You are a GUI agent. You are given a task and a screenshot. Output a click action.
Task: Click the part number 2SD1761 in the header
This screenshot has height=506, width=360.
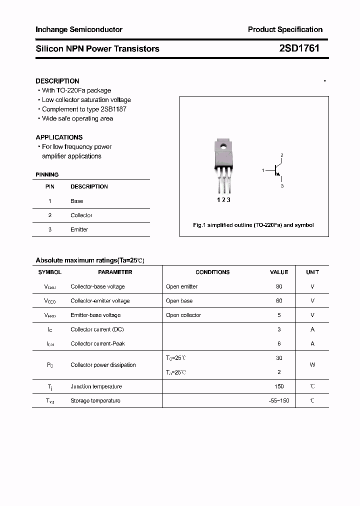pyautogui.click(x=299, y=48)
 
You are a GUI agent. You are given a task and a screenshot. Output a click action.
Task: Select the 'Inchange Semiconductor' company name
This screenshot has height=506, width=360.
pyautogui.click(x=79, y=29)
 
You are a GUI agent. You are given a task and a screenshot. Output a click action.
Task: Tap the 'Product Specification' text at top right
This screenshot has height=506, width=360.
pyautogui.click(x=285, y=29)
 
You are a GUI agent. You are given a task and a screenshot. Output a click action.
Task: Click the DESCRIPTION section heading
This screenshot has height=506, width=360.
pyautogui.click(x=57, y=81)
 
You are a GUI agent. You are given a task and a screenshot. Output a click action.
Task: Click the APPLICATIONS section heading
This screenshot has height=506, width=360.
pyautogui.click(x=59, y=137)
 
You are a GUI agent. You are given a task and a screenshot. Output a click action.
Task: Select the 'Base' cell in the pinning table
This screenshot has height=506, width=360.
pyautogui.click(x=77, y=201)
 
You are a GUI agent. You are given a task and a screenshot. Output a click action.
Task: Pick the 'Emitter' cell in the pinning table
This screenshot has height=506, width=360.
pyautogui.click(x=79, y=229)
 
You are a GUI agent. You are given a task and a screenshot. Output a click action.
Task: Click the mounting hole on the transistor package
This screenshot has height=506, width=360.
pyautogui.click(x=223, y=146)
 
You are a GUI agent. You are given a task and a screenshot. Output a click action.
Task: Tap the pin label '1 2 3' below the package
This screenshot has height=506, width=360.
pyautogui.click(x=223, y=199)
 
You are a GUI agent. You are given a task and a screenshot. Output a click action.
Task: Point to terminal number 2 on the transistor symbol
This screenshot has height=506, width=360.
pyautogui.click(x=282, y=155)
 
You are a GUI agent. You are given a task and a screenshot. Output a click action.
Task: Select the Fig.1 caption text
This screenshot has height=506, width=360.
pyautogui.click(x=253, y=225)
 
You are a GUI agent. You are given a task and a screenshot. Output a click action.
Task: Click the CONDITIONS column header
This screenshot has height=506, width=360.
pyautogui.click(x=212, y=272)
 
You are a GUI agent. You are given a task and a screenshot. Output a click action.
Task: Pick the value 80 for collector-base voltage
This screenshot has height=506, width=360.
pyautogui.click(x=279, y=286)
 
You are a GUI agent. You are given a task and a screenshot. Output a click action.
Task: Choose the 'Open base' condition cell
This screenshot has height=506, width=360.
pyautogui.click(x=179, y=301)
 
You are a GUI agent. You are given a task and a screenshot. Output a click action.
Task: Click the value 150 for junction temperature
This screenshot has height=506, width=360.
pyautogui.click(x=279, y=386)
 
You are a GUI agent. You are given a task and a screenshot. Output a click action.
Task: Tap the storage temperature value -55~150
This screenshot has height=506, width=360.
pyautogui.click(x=279, y=400)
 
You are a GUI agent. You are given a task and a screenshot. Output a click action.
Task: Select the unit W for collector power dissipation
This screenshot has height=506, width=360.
pyautogui.click(x=312, y=365)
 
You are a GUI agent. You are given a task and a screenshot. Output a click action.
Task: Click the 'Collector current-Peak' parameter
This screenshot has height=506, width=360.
pyautogui.click(x=97, y=343)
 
